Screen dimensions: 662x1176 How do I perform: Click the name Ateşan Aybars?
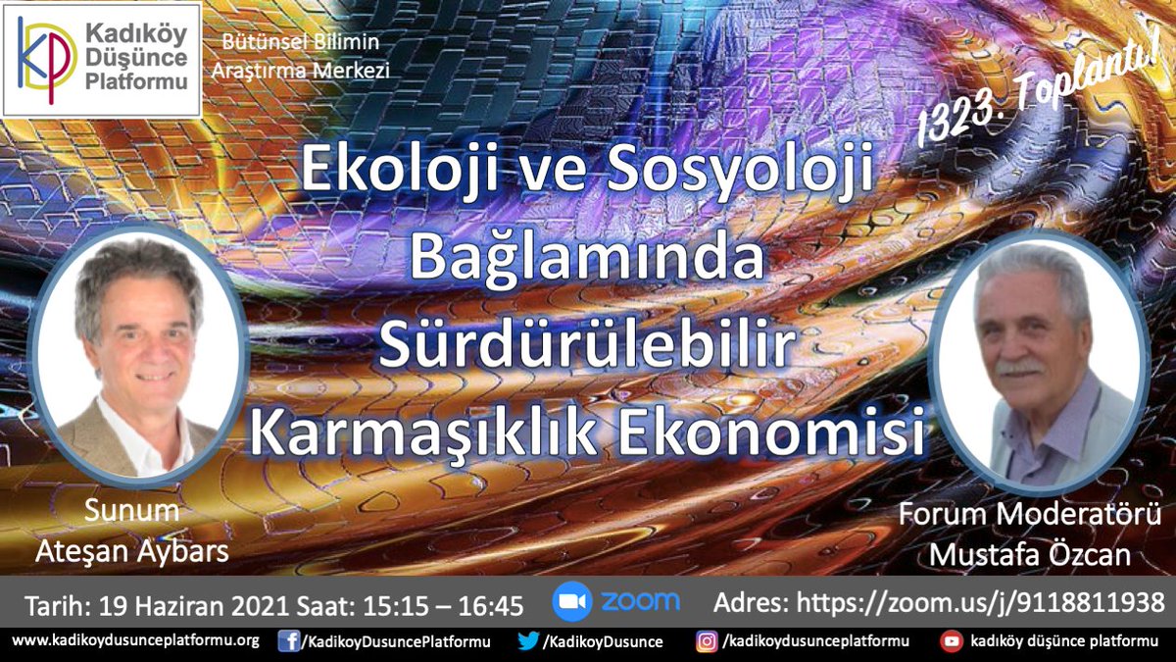[131, 551]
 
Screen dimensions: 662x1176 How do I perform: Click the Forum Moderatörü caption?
[1029, 515]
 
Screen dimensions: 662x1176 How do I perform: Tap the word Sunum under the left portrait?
[131, 511]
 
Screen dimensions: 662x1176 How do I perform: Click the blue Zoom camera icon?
[571, 602]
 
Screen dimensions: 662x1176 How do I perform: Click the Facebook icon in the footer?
[288, 641]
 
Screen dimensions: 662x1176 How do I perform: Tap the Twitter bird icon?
[527, 641]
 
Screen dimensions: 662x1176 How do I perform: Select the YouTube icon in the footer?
[950, 641]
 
